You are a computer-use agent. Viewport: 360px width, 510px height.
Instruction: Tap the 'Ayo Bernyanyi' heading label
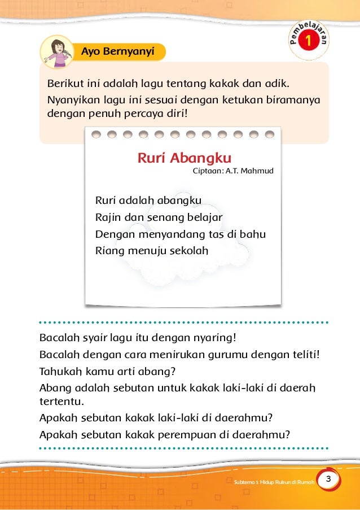click(118, 51)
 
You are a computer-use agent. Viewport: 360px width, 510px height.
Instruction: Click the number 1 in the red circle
click(308, 41)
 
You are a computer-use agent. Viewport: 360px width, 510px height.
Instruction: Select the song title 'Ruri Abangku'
click(185, 158)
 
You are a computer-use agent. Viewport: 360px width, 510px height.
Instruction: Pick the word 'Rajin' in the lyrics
click(107, 217)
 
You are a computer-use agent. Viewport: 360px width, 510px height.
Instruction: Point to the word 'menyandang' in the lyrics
click(163, 233)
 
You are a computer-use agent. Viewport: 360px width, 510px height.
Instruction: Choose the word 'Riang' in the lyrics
click(107, 250)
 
